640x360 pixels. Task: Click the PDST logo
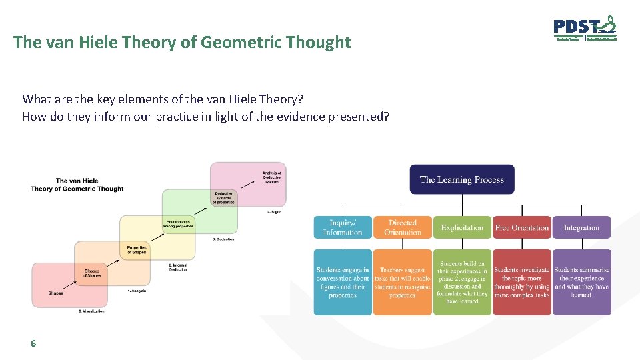click(x=585, y=30)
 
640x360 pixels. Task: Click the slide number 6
click(x=33, y=344)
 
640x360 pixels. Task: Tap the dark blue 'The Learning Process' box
click(x=461, y=179)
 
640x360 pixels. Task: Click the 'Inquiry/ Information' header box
click(x=342, y=227)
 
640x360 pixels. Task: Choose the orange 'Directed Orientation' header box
click(x=402, y=227)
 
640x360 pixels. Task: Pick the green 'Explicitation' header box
click(x=462, y=227)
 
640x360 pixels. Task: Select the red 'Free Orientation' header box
click(x=521, y=227)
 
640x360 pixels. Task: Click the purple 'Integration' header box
click(x=581, y=227)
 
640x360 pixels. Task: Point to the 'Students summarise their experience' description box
click(x=581, y=282)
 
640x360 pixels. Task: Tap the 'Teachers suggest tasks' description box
click(x=402, y=282)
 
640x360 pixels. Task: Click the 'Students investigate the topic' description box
click(x=521, y=282)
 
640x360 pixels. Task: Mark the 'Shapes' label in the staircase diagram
click(x=57, y=293)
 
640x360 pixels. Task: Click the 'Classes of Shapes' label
click(x=92, y=273)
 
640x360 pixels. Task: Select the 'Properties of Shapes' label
click(x=137, y=249)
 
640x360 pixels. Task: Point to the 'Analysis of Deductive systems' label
click(x=271, y=177)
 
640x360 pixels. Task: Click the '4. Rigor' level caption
click(x=273, y=212)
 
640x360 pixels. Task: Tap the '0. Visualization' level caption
click(x=91, y=311)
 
